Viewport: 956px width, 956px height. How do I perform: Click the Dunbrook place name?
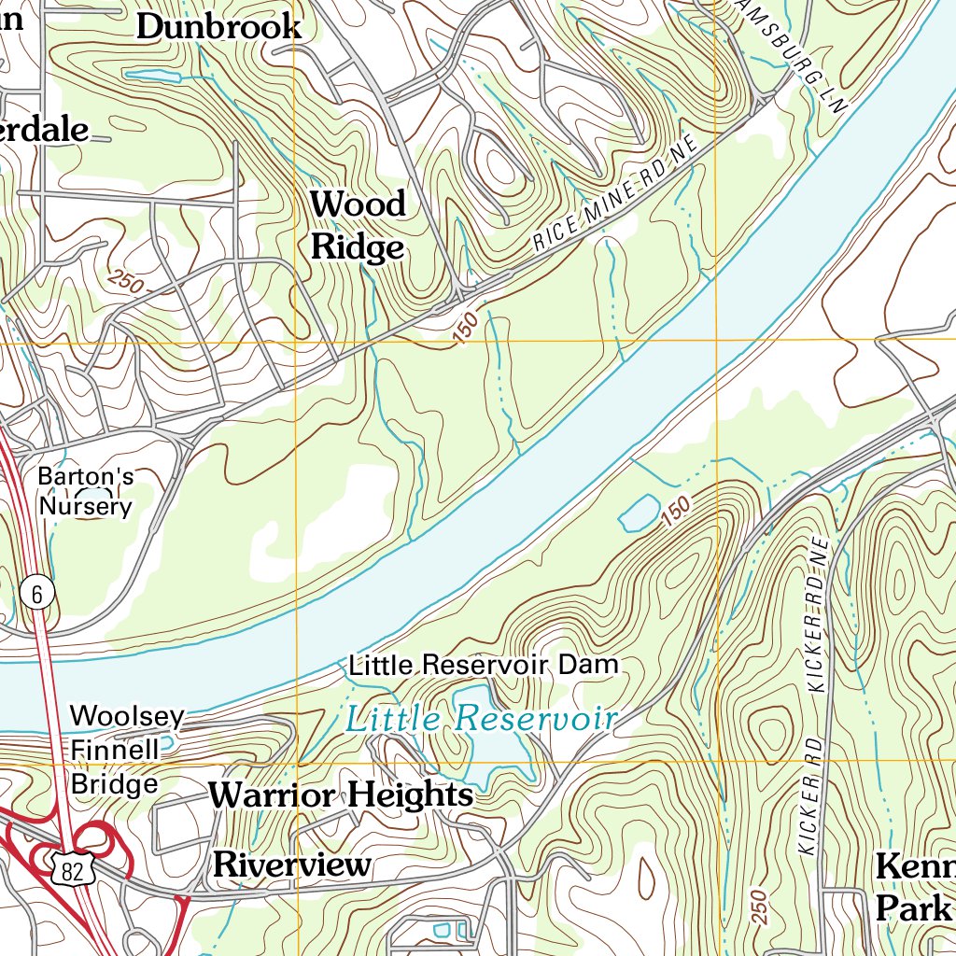(218, 26)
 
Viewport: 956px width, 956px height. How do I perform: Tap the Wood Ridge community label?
(358, 225)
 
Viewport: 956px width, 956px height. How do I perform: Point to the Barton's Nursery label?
(85, 492)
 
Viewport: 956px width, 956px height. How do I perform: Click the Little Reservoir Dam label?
(484, 665)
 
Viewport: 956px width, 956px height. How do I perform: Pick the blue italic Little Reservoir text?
(481, 719)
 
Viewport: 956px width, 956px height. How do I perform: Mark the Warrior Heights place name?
(341, 795)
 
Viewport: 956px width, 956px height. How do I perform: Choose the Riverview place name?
(292, 865)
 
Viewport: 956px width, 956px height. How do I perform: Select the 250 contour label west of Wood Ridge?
(125, 281)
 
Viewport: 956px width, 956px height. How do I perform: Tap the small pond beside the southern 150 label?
(637, 513)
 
